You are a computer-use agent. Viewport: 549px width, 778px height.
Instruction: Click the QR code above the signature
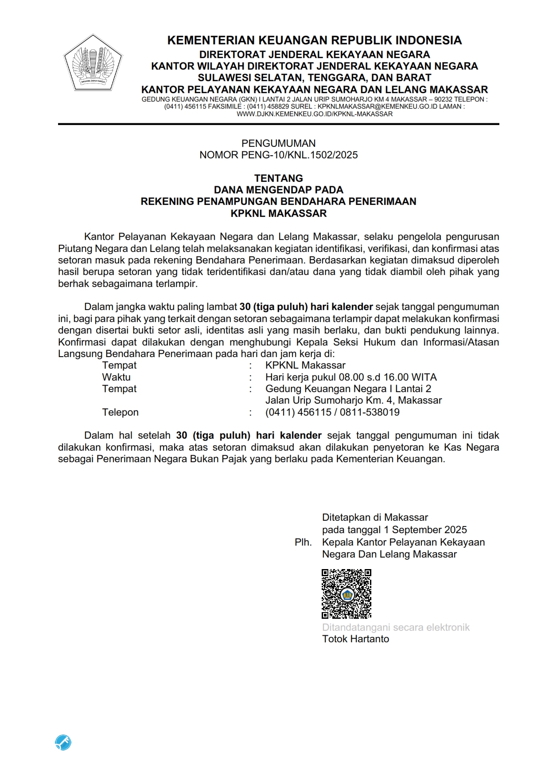click(x=346, y=593)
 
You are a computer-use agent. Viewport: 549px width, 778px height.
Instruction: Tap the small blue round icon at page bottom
click(x=63, y=742)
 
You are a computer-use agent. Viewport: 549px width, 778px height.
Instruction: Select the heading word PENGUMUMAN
click(x=278, y=143)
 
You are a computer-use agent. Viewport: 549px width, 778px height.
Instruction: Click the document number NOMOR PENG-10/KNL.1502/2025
click(x=278, y=155)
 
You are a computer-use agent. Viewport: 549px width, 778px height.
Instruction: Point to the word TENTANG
click(x=278, y=178)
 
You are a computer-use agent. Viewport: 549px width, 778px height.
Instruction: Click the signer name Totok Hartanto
click(x=355, y=639)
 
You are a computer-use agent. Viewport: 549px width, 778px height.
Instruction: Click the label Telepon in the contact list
click(x=120, y=412)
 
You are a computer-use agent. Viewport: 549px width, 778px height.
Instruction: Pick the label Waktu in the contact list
click(x=116, y=377)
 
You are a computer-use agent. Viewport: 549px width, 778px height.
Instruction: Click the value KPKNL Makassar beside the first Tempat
click(x=305, y=365)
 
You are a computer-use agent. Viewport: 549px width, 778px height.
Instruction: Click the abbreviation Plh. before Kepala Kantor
click(x=303, y=542)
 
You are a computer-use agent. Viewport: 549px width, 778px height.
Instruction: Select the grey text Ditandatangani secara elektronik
click(x=396, y=627)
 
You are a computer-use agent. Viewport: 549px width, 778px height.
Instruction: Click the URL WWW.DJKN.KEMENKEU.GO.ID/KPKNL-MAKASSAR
click(x=315, y=114)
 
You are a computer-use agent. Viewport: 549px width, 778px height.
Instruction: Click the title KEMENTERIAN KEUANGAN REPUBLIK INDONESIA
click(x=315, y=40)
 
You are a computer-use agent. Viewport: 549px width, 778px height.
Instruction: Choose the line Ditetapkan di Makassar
click(x=375, y=517)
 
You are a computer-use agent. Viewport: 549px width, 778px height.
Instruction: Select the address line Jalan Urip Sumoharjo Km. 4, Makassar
click(x=354, y=400)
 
